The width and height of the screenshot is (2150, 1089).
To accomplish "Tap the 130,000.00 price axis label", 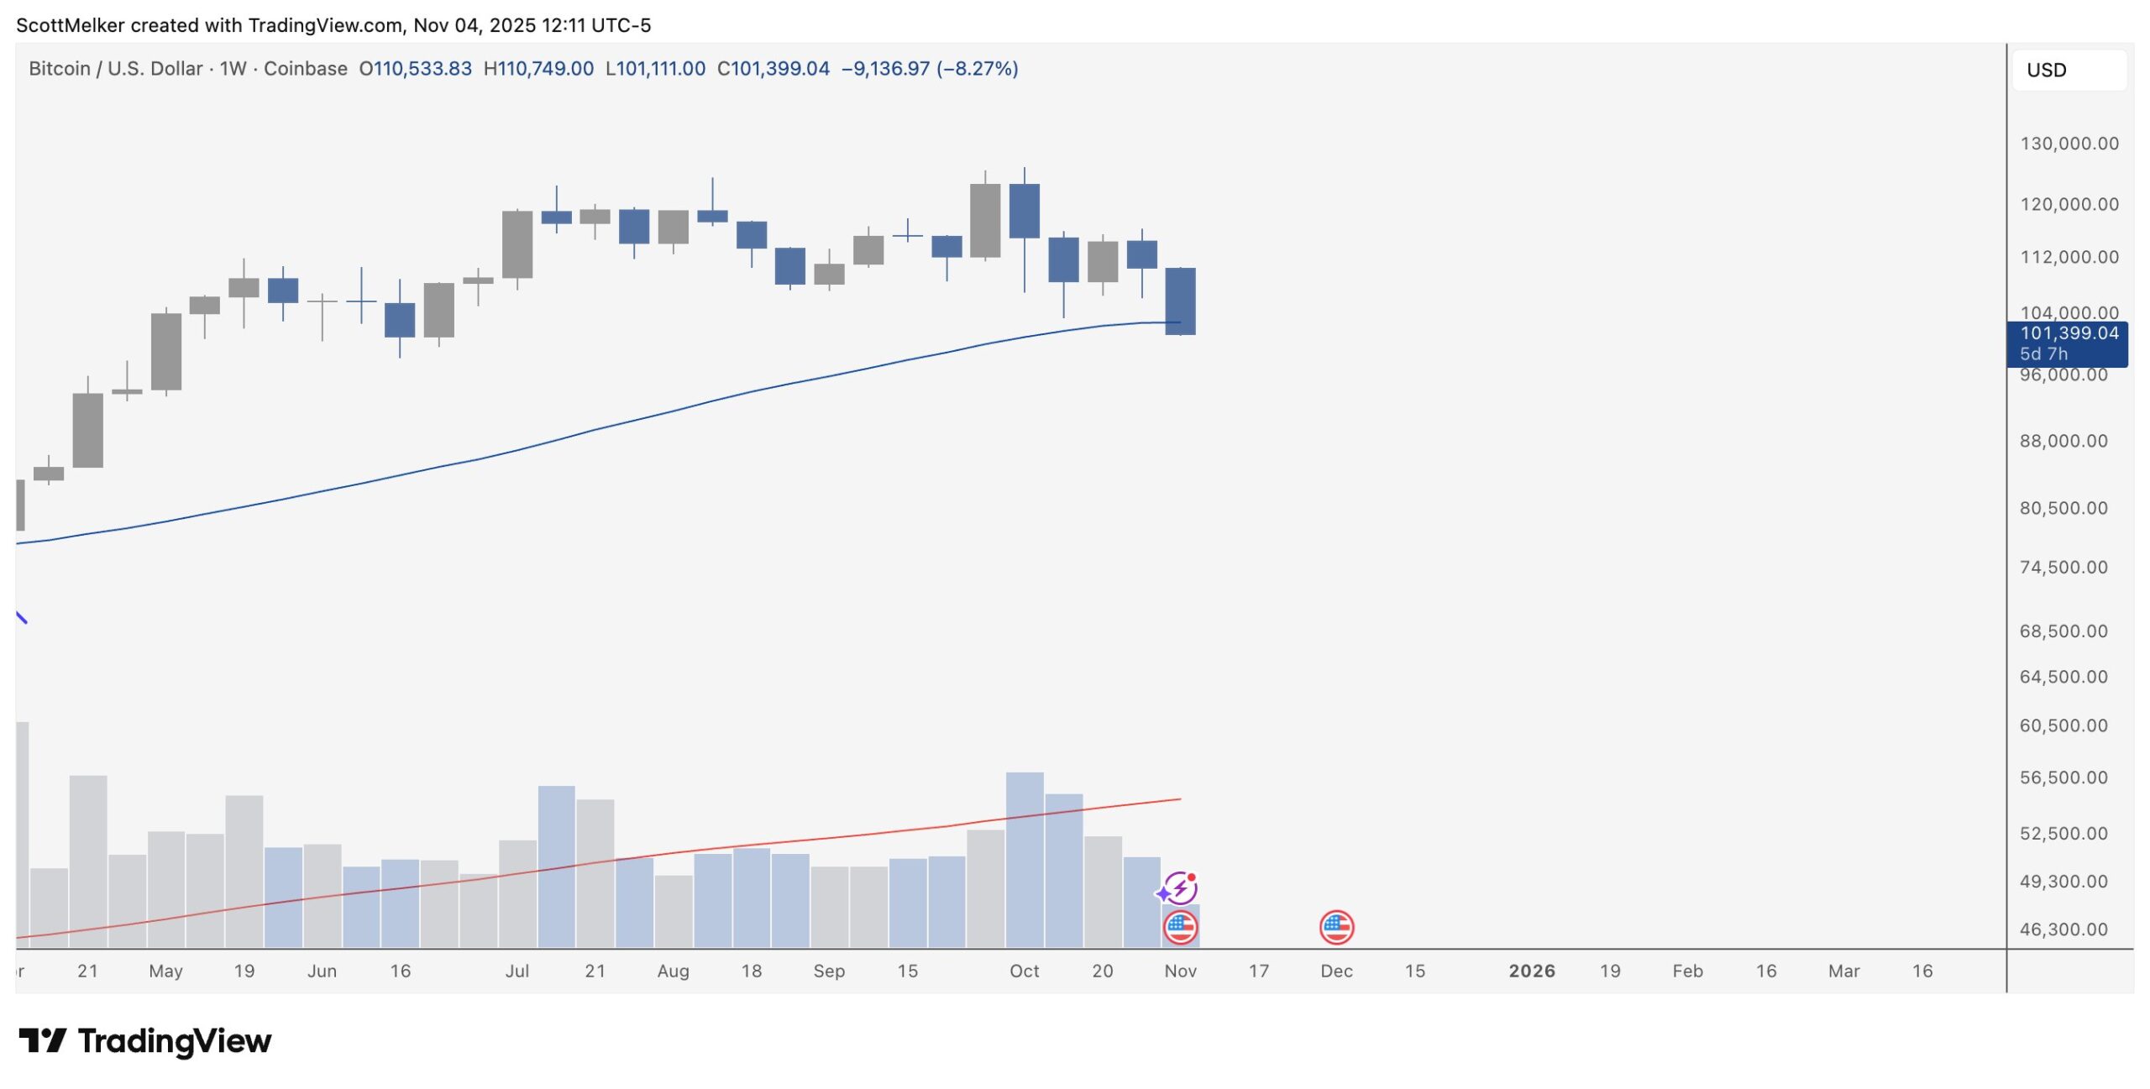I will pyautogui.click(x=2069, y=144).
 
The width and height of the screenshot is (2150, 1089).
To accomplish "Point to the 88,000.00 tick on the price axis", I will pyautogui.click(x=2063, y=442).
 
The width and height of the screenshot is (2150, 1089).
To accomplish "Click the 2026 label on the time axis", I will pyautogui.click(x=1531, y=971).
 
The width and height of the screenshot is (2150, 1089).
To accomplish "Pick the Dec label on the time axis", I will pyautogui.click(x=1336, y=971).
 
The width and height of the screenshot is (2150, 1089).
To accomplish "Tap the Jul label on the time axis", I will pyautogui.click(x=517, y=971).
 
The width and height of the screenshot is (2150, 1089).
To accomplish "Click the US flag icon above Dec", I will pyautogui.click(x=1336, y=928).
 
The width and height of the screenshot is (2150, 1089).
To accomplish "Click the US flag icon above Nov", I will pyautogui.click(x=1180, y=928).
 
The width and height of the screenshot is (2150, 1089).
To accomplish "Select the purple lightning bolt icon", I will pyautogui.click(x=1179, y=888).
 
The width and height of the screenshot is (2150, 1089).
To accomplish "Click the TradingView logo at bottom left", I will pyautogui.click(x=145, y=1041).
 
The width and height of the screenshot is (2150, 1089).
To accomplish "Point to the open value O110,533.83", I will pyautogui.click(x=416, y=69).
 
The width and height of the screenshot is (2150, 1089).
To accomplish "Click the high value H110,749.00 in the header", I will pyautogui.click(x=538, y=69).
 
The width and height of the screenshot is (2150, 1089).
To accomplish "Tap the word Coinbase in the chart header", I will pyautogui.click(x=306, y=69).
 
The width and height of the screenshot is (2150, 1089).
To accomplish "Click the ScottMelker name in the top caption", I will pyautogui.click(x=70, y=25).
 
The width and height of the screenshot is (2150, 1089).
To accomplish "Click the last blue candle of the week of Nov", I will pyautogui.click(x=1180, y=301).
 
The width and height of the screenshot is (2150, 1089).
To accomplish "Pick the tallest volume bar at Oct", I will pyautogui.click(x=1025, y=856).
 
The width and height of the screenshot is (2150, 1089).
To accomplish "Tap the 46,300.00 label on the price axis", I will pyautogui.click(x=2063, y=929).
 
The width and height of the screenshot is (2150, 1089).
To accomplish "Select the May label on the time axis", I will pyautogui.click(x=165, y=971).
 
